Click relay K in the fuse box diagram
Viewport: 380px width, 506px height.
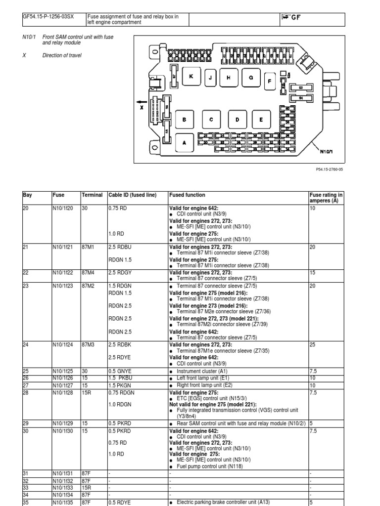click(190, 77)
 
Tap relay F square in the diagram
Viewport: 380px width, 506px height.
click(269, 82)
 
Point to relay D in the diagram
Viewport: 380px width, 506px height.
click(237, 119)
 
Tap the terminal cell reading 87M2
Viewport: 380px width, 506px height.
click(88, 285)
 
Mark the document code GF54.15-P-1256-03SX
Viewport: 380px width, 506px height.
click(48, 17)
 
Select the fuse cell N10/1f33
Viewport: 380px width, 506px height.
click(63, 487)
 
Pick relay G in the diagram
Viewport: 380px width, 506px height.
click(251, 78)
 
